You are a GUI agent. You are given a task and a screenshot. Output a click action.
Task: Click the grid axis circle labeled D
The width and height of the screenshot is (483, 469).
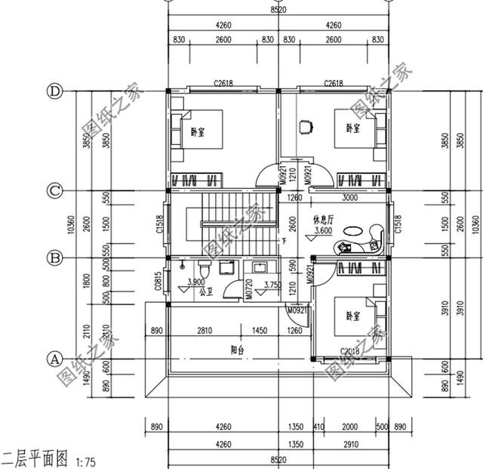click(54, 91)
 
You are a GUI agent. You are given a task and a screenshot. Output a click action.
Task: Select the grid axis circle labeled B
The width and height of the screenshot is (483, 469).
click(54, 258)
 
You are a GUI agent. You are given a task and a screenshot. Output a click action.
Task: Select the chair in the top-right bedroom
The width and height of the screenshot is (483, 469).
click(306, 126)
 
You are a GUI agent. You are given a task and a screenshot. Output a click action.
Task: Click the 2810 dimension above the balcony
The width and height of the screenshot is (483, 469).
click(204, 330)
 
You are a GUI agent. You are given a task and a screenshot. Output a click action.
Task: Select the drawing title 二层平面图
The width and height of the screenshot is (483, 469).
click(35, 458)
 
